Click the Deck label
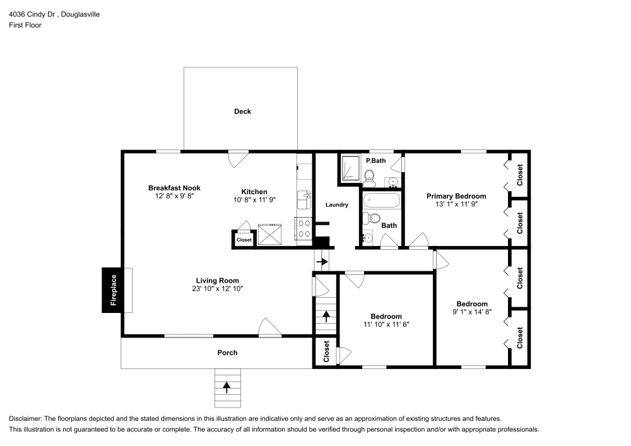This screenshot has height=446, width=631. tap(242, 112)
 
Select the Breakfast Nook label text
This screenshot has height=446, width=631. tap(174, 188)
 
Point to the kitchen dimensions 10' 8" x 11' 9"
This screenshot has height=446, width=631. tap(254, 199)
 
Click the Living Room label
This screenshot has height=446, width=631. tap(217, 281)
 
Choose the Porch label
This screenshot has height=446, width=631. tap(227, 353)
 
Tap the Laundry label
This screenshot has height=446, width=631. tap(336, 205)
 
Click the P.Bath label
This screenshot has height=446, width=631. tap(375, 161)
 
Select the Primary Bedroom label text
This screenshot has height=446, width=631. tap(456, 196)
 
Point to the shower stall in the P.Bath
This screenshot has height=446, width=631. tap(350, 169)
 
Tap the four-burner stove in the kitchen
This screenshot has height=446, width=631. tap(304, 228)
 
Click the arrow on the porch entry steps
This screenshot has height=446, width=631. tap(227, 387)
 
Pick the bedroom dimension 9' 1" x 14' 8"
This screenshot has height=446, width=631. tap(472, 311)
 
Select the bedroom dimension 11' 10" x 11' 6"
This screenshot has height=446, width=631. tap(386, 324)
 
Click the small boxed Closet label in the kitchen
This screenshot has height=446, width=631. tap(244, 240)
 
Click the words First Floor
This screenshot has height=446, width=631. tap(25, 25)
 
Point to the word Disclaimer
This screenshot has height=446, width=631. tap(25, 418)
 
